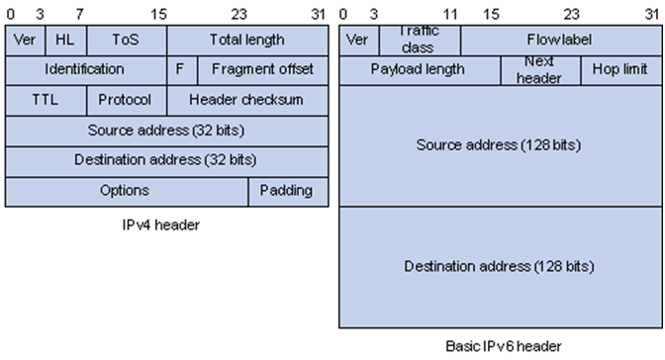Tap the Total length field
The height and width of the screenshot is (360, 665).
247,41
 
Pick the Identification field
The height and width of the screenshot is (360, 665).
85,69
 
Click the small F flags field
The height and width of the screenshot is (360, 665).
180,69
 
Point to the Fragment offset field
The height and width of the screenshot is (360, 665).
262,69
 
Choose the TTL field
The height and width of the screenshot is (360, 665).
46,100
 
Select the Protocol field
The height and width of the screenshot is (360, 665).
126,100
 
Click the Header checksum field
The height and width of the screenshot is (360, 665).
246,100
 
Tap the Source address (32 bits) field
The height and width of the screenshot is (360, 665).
166,131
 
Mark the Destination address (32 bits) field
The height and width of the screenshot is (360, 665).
166,160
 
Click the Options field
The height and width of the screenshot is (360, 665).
126,190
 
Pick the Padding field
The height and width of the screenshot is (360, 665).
287,190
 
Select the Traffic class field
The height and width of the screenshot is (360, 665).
419,41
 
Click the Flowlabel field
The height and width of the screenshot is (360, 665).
560,41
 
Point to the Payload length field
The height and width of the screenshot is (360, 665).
419,70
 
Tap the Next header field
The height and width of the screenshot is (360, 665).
539,70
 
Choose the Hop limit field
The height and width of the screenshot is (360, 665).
620,70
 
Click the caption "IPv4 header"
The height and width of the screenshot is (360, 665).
166,225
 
